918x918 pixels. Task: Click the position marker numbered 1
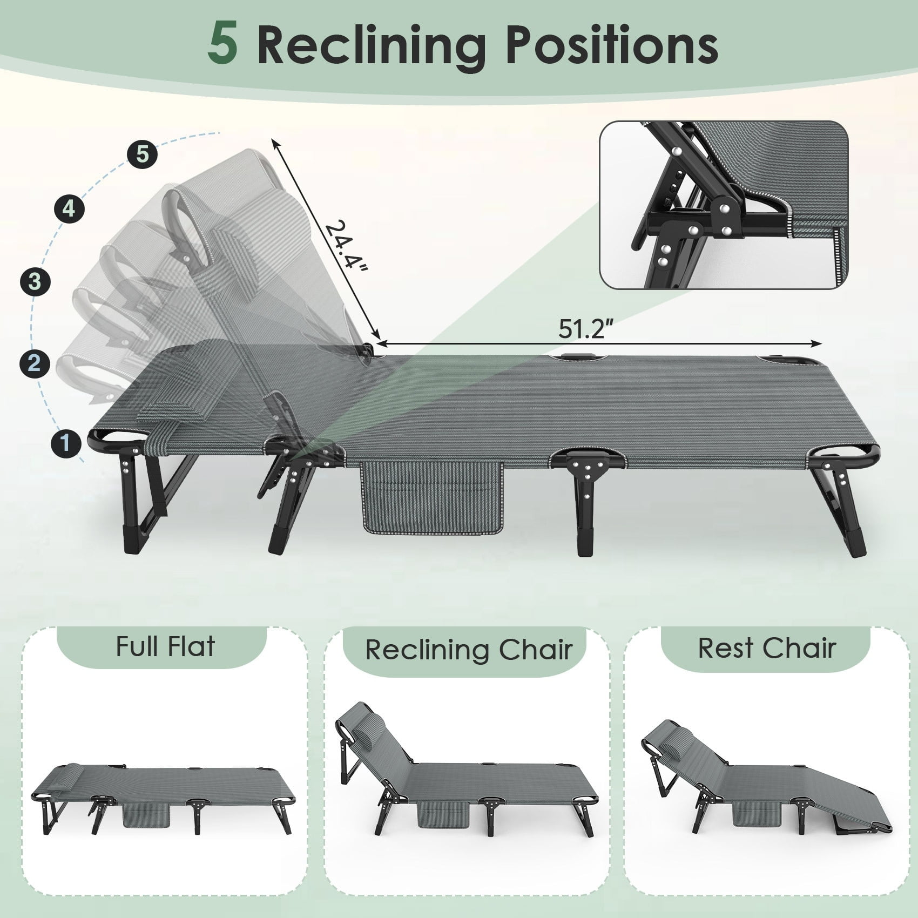66,443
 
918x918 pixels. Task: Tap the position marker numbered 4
69,208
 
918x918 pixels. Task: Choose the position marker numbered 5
142,154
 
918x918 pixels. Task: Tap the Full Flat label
165,646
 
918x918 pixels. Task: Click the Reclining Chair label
468,650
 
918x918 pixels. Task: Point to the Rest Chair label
767,648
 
